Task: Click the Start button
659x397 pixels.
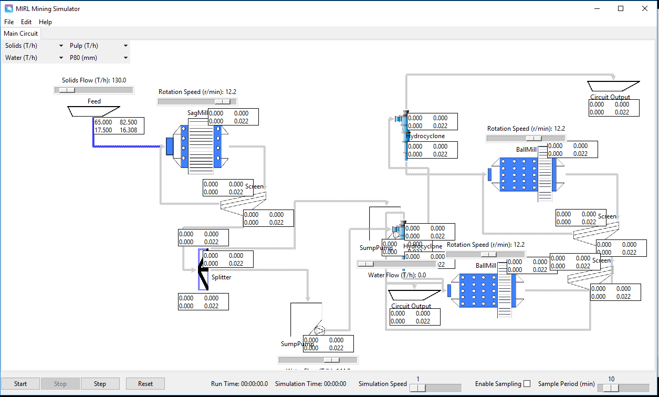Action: click(20, 384)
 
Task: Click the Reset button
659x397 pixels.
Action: click(145, 384)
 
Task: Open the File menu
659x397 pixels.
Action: click(9, 22)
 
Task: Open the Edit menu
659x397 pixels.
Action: click(26, 22)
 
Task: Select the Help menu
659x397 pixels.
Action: click(46, 22)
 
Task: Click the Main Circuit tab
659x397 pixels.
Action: click(21, 34)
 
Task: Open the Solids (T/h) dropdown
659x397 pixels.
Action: click(34, 46)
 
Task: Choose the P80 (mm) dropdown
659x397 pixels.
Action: click(99, 58)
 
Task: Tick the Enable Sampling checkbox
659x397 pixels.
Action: click(527, 384)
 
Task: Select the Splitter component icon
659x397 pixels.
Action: click(203, 269)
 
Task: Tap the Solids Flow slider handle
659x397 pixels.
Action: click(67, 90)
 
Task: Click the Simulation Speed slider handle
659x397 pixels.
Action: click(418, 388)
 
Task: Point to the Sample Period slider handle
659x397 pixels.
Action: click(611, 388)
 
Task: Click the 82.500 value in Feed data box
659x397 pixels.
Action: click(129, 122)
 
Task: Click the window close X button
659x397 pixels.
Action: click(645, 8)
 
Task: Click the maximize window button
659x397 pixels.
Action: click(621, 8)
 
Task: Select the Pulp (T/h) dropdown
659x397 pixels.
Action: click(99, 46)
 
